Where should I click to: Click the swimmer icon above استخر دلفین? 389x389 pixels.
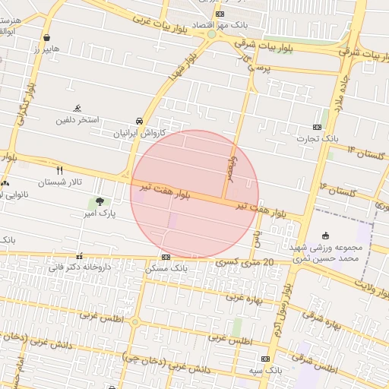point(77,109)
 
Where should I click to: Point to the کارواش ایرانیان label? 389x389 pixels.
point(139,133)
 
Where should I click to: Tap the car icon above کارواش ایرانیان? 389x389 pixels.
point(139,121)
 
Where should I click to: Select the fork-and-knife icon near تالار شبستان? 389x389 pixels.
point(59,170)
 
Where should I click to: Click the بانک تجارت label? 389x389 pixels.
point(317,139)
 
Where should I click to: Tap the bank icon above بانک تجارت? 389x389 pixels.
point(317,127)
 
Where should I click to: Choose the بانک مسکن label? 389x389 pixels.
point(166,269)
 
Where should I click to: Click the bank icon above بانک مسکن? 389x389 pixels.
point(166,257)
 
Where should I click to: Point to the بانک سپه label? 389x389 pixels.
point(265,370)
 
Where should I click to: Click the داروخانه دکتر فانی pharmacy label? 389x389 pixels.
point(80,267)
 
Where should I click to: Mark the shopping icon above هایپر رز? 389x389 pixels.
point(47,36)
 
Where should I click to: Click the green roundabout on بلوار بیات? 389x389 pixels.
point(211,34)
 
